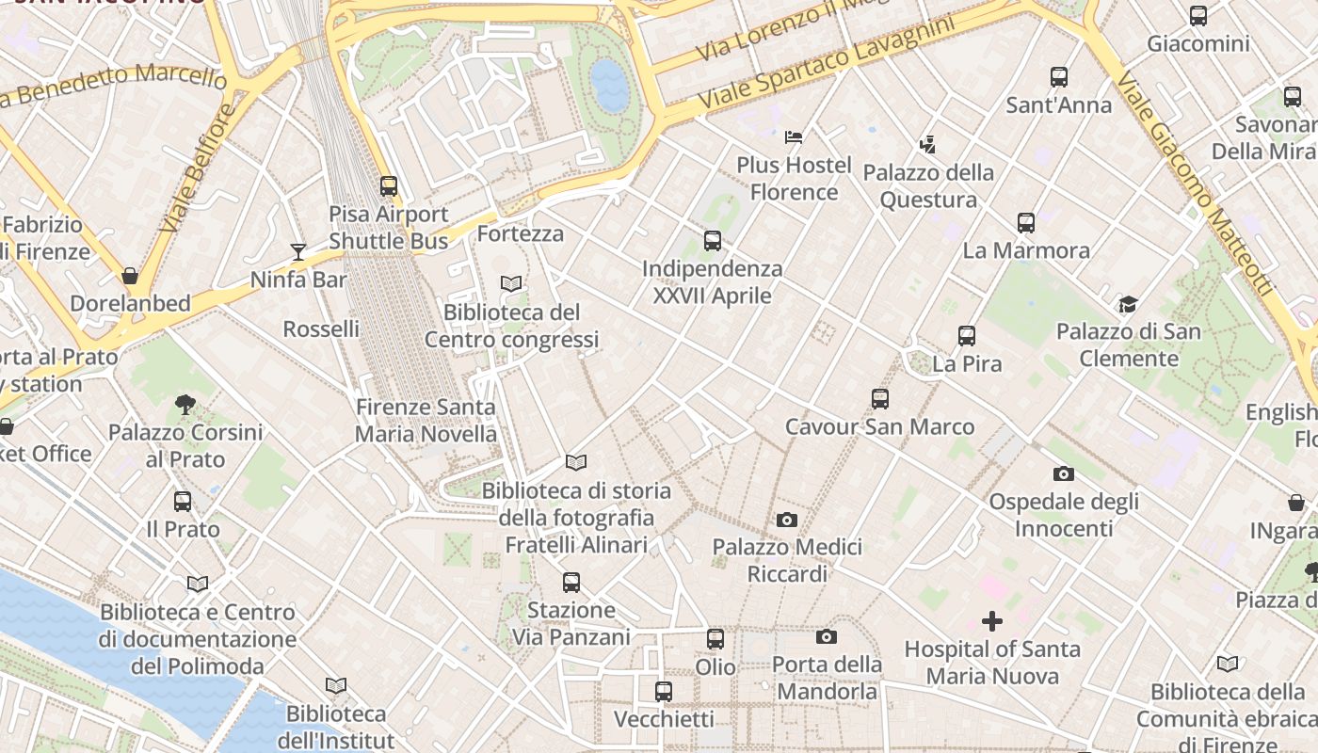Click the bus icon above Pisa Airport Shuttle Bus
pyautogui.click(x=388, y=186)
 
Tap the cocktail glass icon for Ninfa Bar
pyautogui.click(x=298, y=251)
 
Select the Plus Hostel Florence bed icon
pyautogui.click(x=794, y=137)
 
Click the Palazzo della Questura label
pyautogui.click(x=928, y=186)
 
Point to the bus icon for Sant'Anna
pyautogui.click(x=1059, y=77)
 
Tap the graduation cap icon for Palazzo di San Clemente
pyautogui.click(x=1128, y=304)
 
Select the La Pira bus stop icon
pyautogui.click(x=967, y=336)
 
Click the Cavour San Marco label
pyautogui.click(x=880, y=426)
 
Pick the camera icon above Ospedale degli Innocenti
pyautogui.click(x=1064, y=473)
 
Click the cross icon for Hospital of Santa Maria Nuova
pyautogui.click(x=992, y=621)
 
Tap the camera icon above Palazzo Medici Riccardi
pyautogui.click(x=787, y=520)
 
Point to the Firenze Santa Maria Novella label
pyautogui.click(x=426, y=421)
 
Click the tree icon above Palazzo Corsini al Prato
pyautogui.click(x=185, y=405)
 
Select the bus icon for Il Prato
pyautogui.click(x=183, y=502)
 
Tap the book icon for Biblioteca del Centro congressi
pyautogui.click(x=511, y=283)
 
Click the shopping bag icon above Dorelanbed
pyautogui.click(x=130, y=276)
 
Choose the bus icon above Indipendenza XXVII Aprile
pyautogui.click(x=713, y=241)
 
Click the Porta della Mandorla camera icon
pyautogui.click(x=827, y=637)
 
